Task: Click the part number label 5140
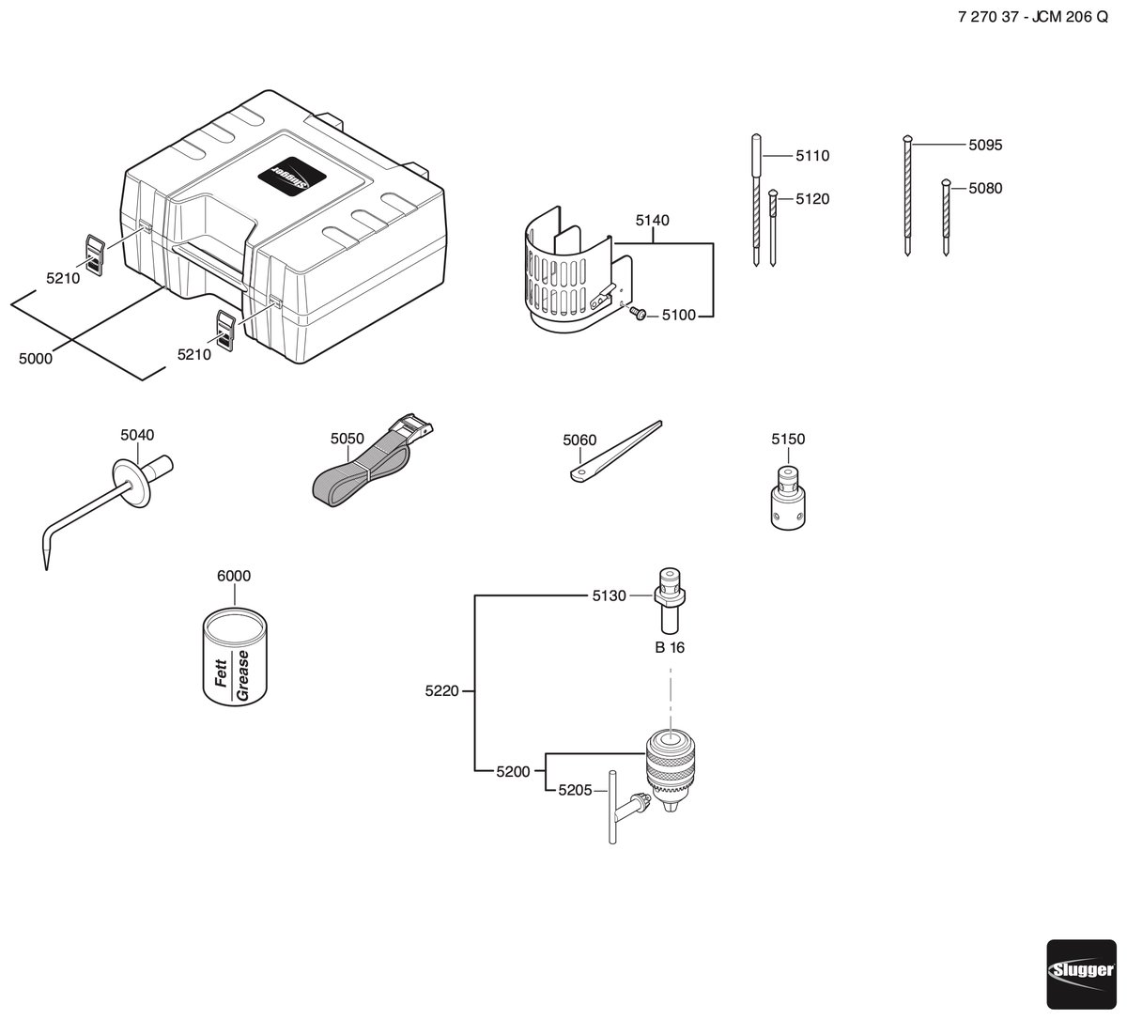[x=653, y=221]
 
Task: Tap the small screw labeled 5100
[x=638, y=313]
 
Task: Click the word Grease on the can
[x=242, y=675]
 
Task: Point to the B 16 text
[x=670, y=648]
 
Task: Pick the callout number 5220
[x=442, y=690]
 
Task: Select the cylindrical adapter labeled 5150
[x=788, y=498]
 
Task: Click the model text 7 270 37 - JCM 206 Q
[x=1033, y=17]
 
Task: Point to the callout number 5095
[x=985, y=145]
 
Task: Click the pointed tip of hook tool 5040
[x=46, y=569]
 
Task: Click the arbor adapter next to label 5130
[x=669, y=601]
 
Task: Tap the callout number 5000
[x=36, y=359]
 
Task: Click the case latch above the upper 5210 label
[x=95, y=255]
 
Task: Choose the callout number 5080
[x=985, y=188]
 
